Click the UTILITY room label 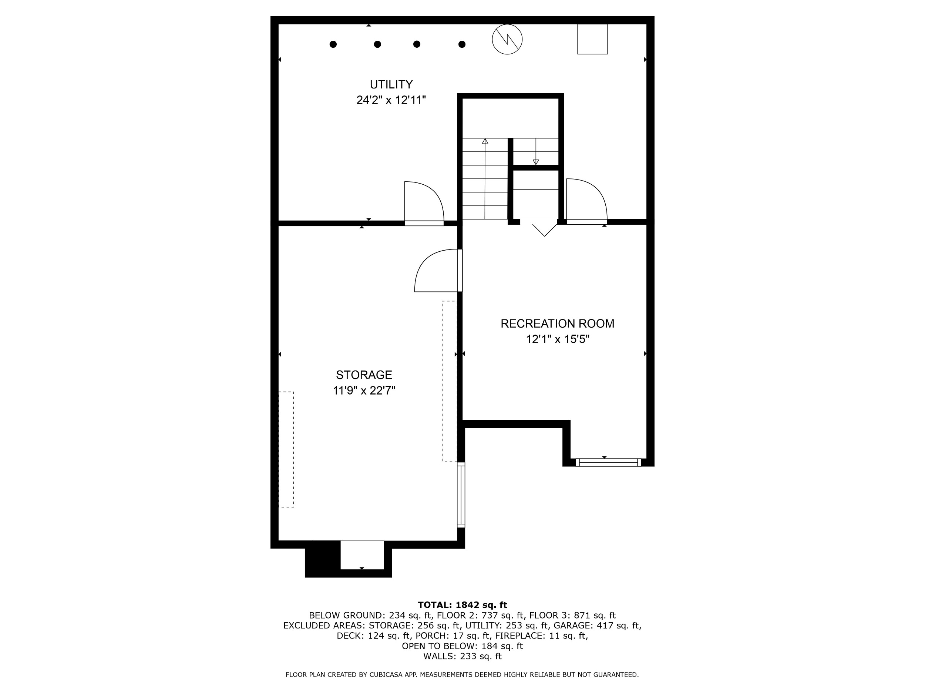(x=391, y=84)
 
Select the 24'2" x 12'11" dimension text (x=391, y=100)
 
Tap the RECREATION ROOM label (x=558, y=323)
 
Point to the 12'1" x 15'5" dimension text (x=558, y=339)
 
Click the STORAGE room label (x=364, y=375)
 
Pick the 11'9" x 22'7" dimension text (x=364, y=390)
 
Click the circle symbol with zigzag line (x=507, y=39)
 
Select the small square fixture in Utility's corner (x=592, y=39)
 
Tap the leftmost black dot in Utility (x=333, y=44)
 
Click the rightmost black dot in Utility (x=462, y=44)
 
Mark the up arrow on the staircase (x=485, y=179)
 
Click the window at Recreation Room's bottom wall (x=608, y=462)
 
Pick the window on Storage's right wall (x=461, y=495)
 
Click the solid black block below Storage (x=322, y=559)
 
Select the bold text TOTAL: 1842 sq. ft (x=462, y=605)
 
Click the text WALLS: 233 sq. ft (x=462, y=656)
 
